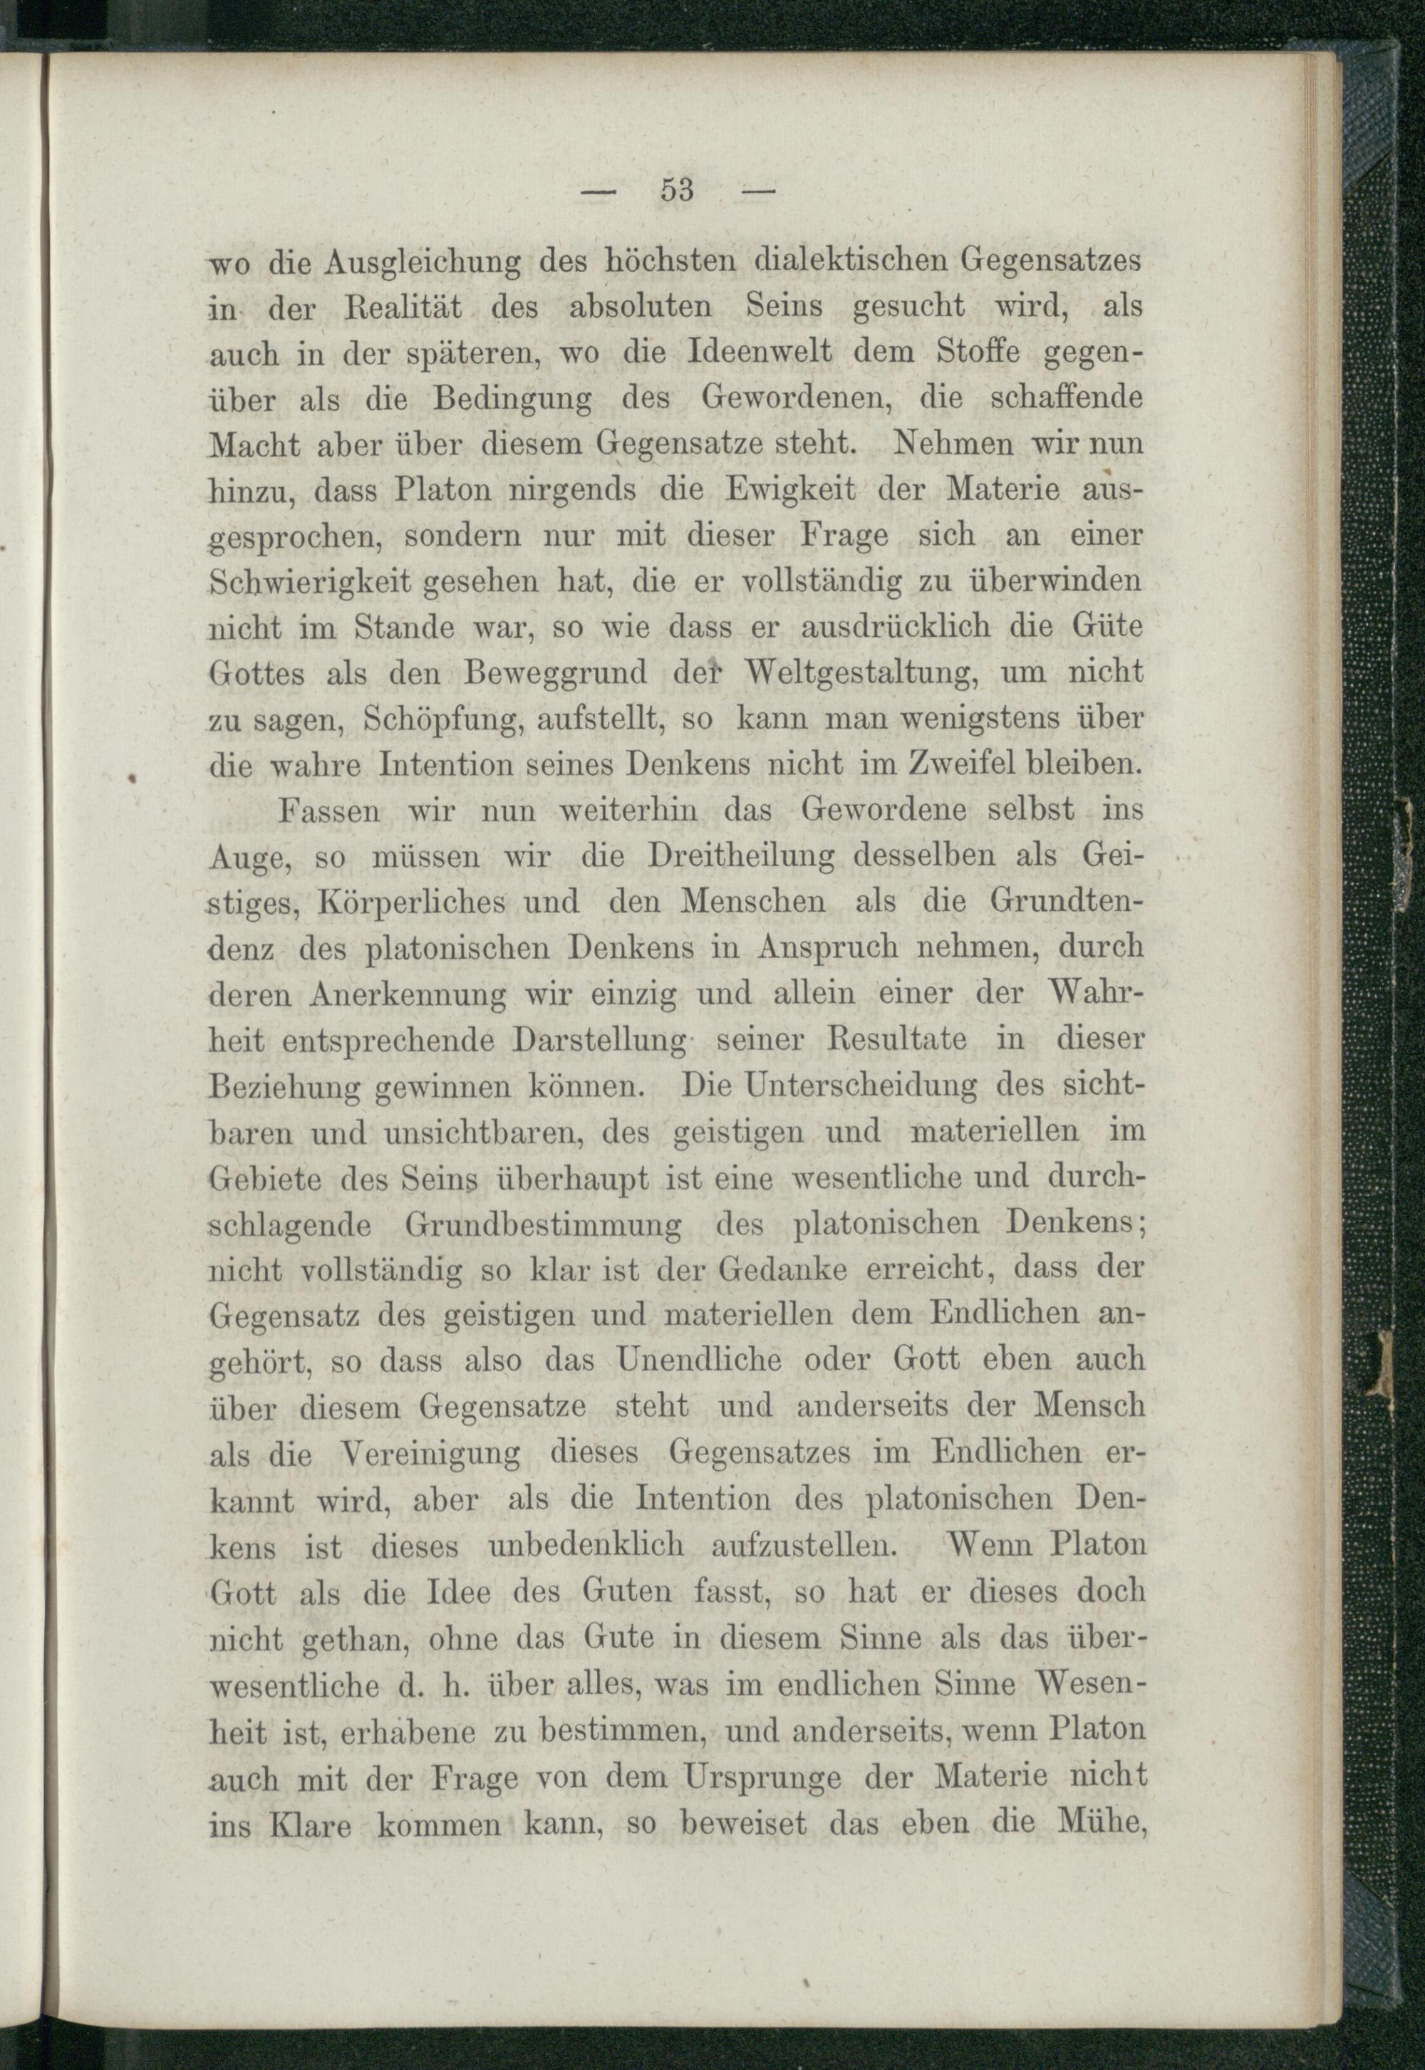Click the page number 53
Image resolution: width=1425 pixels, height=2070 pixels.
point(678,191)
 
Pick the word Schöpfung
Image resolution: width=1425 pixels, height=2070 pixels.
point(442,719)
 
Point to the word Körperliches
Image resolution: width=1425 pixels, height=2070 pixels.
point(410,903)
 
